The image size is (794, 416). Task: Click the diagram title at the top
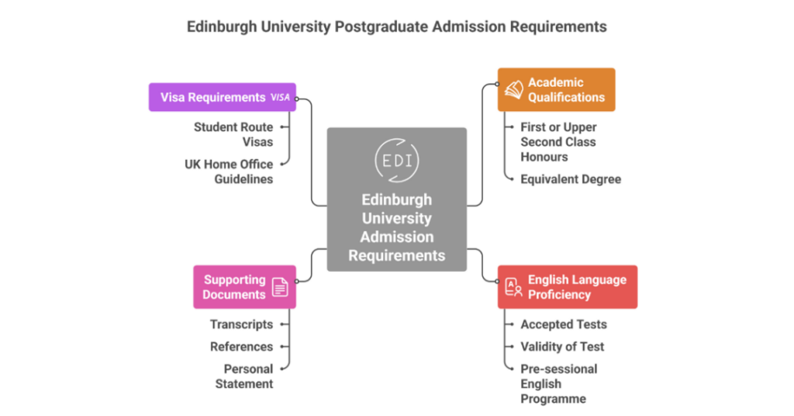(396, 27)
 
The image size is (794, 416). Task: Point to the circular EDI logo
(397, 161)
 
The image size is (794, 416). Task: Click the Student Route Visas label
(233, 134)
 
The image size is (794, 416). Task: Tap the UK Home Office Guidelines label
(229, 172)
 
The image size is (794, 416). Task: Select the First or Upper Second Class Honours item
(558, 142)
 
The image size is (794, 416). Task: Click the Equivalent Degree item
(571, 179)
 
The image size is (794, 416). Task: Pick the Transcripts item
(241, 324)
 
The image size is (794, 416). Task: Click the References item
(241, 347)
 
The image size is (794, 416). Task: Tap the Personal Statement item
(243, 376)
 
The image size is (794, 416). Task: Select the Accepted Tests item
(564, 324)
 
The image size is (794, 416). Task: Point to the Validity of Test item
(562, 347)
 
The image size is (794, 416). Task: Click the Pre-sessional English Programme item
(558, 384)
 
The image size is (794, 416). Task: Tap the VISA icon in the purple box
(280, 98)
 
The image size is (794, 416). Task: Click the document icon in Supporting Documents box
(280, 287)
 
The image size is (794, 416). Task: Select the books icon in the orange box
(513, 90)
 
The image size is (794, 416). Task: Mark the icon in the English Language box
(513, 287)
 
